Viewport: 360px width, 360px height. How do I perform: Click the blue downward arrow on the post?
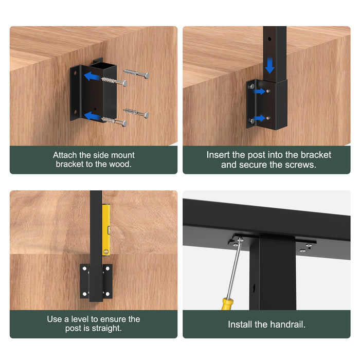269,65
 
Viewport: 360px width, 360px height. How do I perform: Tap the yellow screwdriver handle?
227,303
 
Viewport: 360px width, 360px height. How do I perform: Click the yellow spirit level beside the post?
106,230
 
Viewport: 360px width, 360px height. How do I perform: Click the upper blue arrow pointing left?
92,77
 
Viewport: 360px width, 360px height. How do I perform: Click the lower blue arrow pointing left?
92,116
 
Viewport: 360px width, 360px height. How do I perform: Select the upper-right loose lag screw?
136,74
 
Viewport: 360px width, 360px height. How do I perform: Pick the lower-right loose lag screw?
136,113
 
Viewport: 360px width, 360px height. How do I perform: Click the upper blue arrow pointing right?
259,92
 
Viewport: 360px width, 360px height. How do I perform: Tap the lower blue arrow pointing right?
259,118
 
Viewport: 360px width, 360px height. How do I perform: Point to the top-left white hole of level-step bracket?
85,268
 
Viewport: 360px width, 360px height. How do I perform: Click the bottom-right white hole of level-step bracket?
107,294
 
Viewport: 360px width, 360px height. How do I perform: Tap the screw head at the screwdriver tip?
240,240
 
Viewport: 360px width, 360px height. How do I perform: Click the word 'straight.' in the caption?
106,328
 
